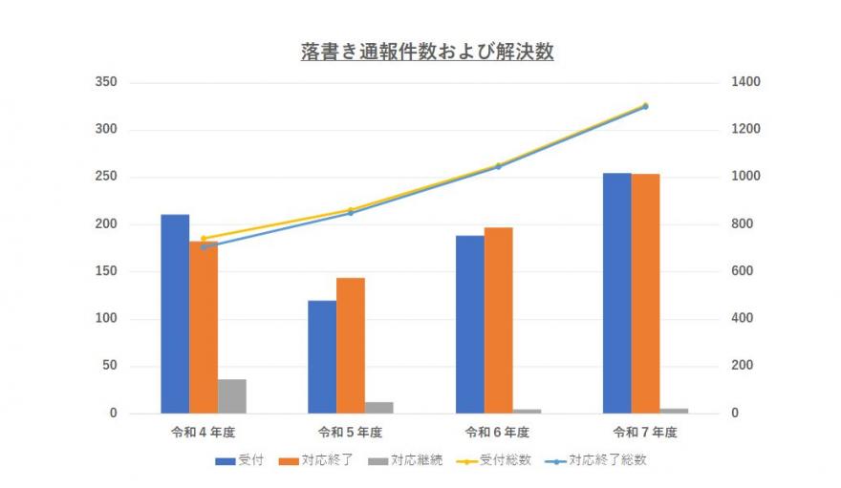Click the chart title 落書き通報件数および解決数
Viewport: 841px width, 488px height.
point(426,53)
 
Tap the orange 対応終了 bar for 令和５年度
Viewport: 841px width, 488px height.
point(351,345)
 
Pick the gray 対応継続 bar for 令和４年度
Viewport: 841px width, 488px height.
point(231,396)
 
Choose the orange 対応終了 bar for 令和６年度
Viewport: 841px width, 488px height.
point(498,320)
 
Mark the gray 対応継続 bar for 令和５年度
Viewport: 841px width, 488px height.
point(379,408)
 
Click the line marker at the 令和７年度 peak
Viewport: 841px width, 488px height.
point(645,106)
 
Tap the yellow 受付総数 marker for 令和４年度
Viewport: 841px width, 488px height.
point(204,239)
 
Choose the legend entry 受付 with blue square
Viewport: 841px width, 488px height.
point(236,460)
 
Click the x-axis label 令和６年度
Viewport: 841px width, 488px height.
point(498,433)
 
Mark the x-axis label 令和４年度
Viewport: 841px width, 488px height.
point(203,433)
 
